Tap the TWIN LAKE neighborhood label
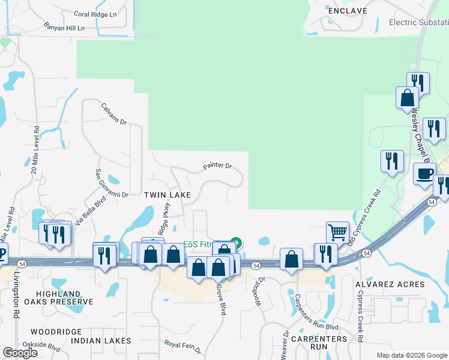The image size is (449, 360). click(x=167, y=195)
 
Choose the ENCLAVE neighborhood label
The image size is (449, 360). click(x=347, y=11)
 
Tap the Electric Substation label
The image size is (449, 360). click(x=418, y=23)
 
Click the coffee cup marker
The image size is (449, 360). click(x=425, y=174)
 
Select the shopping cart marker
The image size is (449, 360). click(x=337, y=232)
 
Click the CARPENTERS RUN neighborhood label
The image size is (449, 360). click(x=321, y=343)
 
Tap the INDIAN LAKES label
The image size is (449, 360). click(x=101, y=341)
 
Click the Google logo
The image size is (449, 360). click(x=20, y=353)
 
